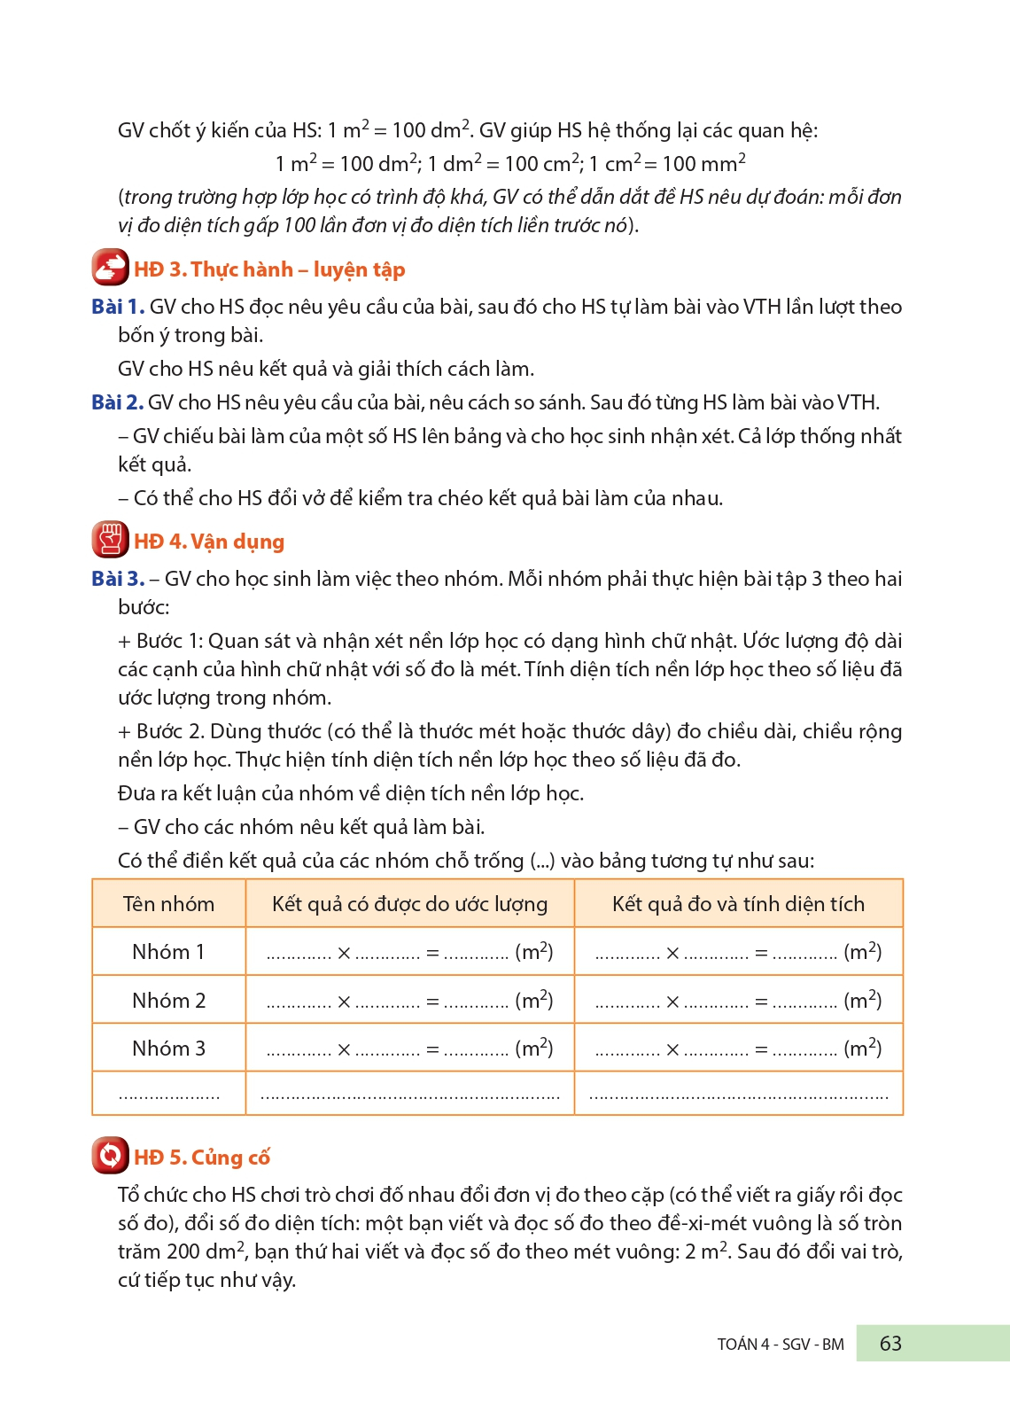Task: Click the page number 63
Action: coord(890,1344)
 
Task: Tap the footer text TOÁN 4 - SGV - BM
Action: coord(780,1345)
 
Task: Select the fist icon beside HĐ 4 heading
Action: coord(110,540)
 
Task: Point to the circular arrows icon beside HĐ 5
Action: coord(110,1156)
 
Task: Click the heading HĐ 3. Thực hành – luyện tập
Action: coord(269,269)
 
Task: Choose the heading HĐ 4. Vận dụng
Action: coord(209,542)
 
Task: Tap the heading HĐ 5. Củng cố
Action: coord(202,1158)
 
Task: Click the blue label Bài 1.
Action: coord(117,307)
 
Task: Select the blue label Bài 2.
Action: coord(117,402)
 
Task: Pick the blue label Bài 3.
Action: coord(117,579)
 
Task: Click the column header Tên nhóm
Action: coord(168,904)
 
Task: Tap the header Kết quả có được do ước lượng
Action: coord(409,904)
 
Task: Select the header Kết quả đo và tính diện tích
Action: coord(738,904)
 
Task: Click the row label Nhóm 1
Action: coord(168,952)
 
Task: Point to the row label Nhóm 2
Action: coord(168,1001)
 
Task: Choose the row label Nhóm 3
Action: coord(168,1049)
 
